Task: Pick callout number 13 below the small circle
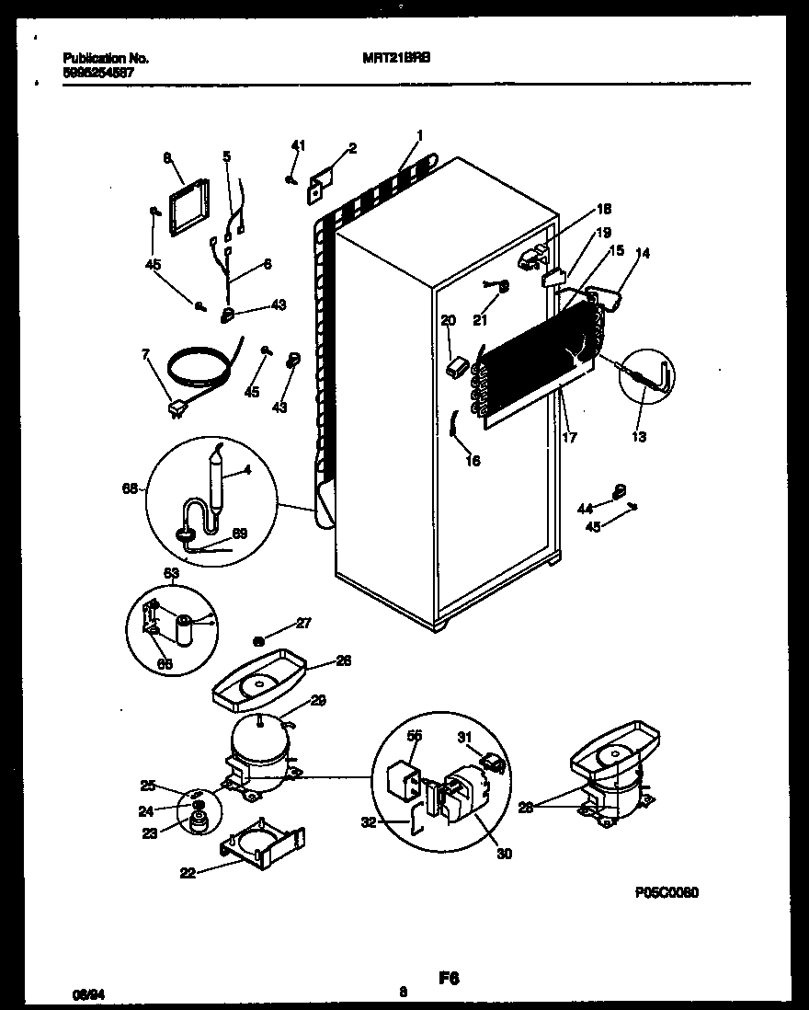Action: click(639, 437)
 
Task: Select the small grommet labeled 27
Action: click(259, 639)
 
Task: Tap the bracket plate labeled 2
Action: click(321, 181)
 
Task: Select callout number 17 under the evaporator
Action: click(569, 438)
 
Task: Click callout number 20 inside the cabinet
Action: click(448, 321)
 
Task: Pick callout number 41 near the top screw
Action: click(296, 145)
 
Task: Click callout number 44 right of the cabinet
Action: click(585, 507)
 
